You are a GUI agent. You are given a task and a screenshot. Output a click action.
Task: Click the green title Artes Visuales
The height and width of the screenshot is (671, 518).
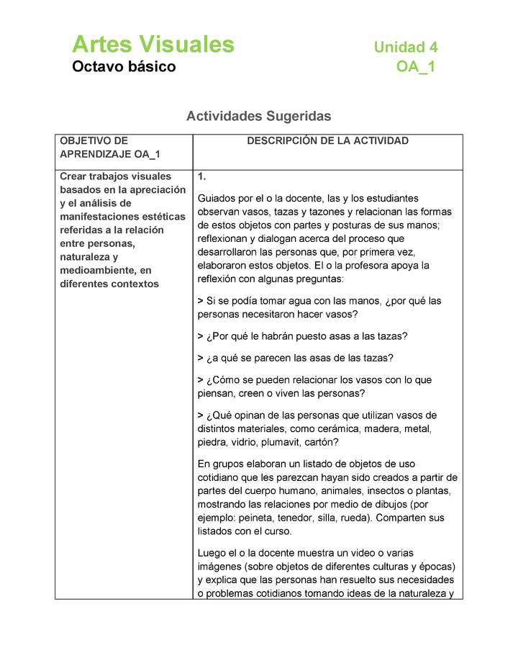153,45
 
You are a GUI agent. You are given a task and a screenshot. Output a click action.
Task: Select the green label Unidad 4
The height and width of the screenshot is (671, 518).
406,48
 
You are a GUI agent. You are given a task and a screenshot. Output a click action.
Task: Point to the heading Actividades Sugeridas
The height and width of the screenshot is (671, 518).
259,115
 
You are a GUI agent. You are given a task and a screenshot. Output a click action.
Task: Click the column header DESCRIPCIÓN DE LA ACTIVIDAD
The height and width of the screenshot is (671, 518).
327,141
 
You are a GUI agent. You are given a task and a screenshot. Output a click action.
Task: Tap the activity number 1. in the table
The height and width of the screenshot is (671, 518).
202,176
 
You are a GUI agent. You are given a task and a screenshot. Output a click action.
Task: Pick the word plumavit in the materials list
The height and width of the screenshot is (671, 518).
288,442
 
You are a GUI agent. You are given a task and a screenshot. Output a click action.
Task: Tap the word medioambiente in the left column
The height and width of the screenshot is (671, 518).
96,270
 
